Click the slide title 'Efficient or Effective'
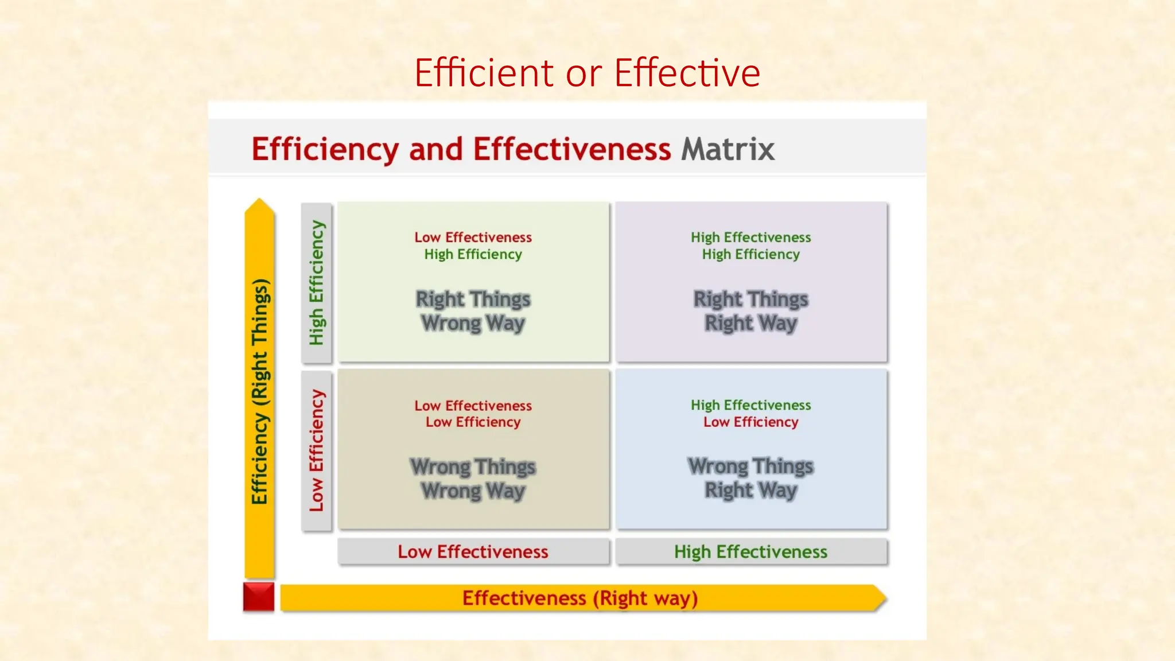click(587, 73)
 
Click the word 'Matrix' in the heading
click(727, 149)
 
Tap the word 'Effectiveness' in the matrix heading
click(571, 149)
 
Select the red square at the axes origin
click(259, 597)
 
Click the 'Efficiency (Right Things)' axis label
click(260, 391)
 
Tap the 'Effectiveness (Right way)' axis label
click(580, 598)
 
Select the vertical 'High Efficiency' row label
click(317, 282)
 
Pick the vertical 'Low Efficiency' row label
click(317, 450)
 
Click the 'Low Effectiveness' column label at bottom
click(473, 552)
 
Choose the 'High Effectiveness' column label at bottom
click(750, 552)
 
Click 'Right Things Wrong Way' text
click(473, 311)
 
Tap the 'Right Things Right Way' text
click(750, 311)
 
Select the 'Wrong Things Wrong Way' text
click(473, 479)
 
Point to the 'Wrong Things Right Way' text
click(750, 479)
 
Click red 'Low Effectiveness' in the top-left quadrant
click(473, 237)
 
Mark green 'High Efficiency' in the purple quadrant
click(750, 254)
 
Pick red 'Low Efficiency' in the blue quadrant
click(750, 422)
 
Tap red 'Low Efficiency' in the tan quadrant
click(473, 422)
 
